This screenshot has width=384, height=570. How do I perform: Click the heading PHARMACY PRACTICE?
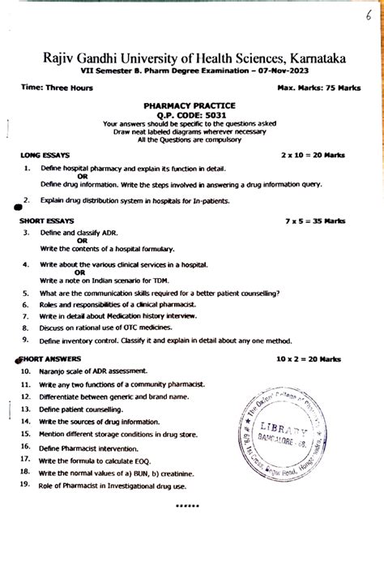click(x=190, y=105)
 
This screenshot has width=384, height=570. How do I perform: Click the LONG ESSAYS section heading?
click(x=45, y=153)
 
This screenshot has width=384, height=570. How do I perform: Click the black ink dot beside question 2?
click(x=18, y=206)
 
